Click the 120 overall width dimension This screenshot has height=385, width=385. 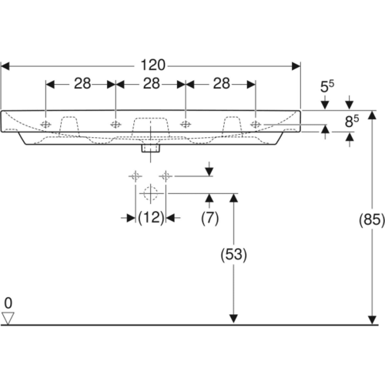[x=153, y=65]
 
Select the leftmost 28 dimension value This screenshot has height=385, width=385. [x=82, y=84]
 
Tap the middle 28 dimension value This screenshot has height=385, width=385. [x=152, y=84]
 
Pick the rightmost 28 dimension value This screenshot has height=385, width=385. [x=222, y=84]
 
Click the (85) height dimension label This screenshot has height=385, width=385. [x=372, y=219]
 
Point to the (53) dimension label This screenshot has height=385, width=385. [x=234, y=255]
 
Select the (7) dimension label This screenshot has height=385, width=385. [x=210, y=218]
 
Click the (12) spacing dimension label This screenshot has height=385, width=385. [x=151, y=218]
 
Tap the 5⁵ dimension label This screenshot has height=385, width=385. [x=327, y=86]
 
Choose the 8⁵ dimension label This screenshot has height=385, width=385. [x=352, y=121]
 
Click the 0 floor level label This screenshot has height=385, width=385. [x=8, y=303]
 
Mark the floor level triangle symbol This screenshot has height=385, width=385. [x=8, y=318]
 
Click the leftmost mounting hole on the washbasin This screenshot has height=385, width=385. [x=45, y=125]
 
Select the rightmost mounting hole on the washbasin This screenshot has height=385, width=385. [x=256, y=125]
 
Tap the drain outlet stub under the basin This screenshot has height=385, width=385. [x=151, y=149]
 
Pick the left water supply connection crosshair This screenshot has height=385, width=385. [x=136, y=176]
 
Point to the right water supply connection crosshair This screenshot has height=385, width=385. [x=166, y=176]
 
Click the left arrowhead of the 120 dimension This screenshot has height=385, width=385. [x=5, y=66]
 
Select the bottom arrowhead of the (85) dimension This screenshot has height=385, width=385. [x=372, y=320]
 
